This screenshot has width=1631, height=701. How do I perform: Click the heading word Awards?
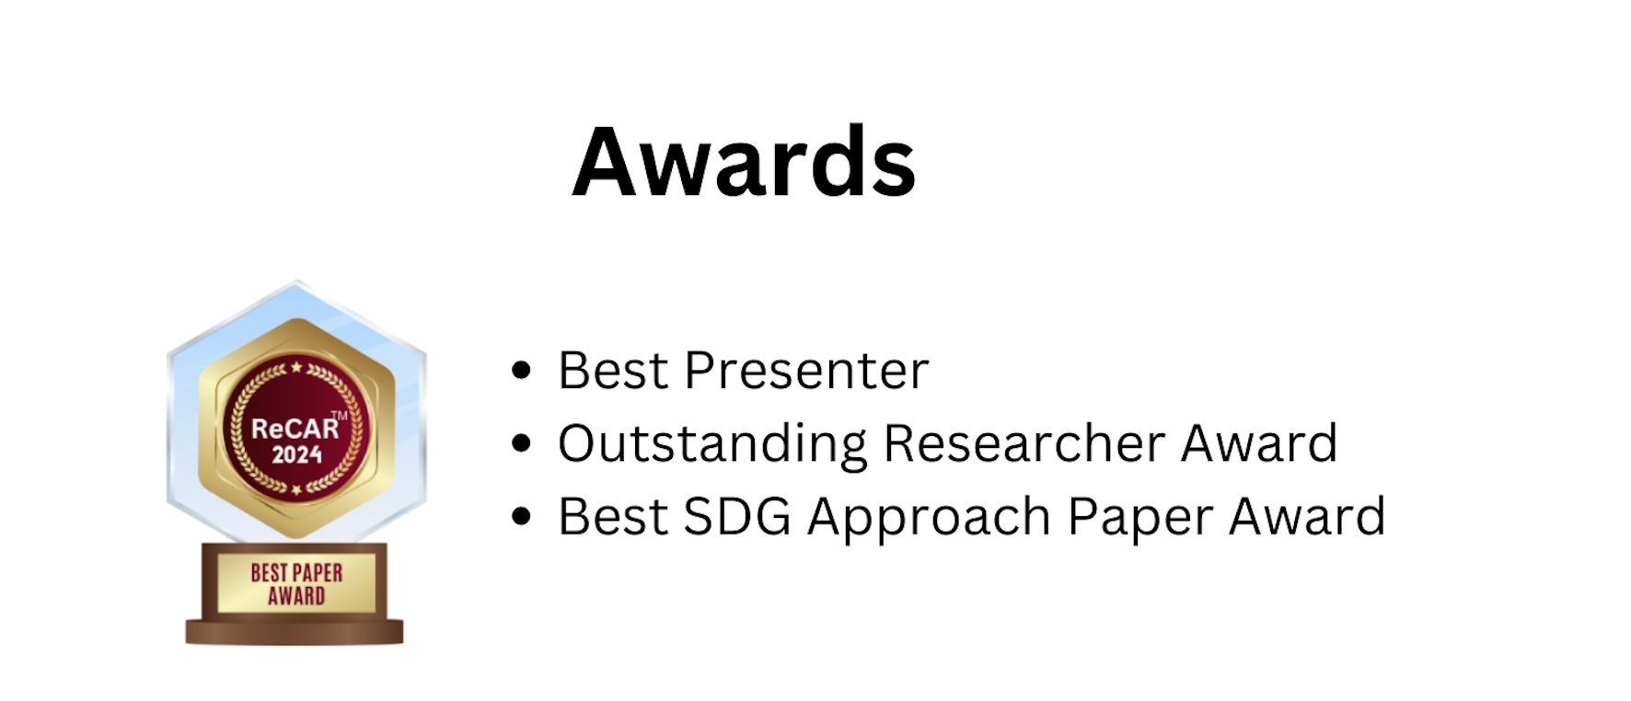pos(744,162)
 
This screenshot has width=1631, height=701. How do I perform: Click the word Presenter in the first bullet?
pos(806,371)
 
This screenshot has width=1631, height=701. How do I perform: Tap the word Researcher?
pos(1024,443)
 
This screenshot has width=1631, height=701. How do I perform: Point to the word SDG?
pos(737,516)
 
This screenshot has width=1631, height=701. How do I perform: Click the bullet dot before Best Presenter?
pos(522,370)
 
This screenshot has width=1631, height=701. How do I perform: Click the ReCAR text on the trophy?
pos(295,429)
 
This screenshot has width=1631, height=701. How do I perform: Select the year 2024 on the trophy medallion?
pos(296,454)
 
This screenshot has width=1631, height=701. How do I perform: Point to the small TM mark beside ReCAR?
pos(340,416)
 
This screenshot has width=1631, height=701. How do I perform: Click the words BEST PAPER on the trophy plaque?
pos(296,573)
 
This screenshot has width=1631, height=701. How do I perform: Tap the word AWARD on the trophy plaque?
pos(296,596)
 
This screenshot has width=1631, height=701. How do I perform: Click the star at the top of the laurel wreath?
pos(296,368)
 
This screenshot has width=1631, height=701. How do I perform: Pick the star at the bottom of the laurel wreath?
pos(296,490)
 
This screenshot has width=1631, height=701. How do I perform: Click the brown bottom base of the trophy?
pos(295,632)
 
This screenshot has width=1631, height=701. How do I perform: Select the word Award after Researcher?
pos(1260,443)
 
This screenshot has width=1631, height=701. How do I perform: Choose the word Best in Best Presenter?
pos(613,371)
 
